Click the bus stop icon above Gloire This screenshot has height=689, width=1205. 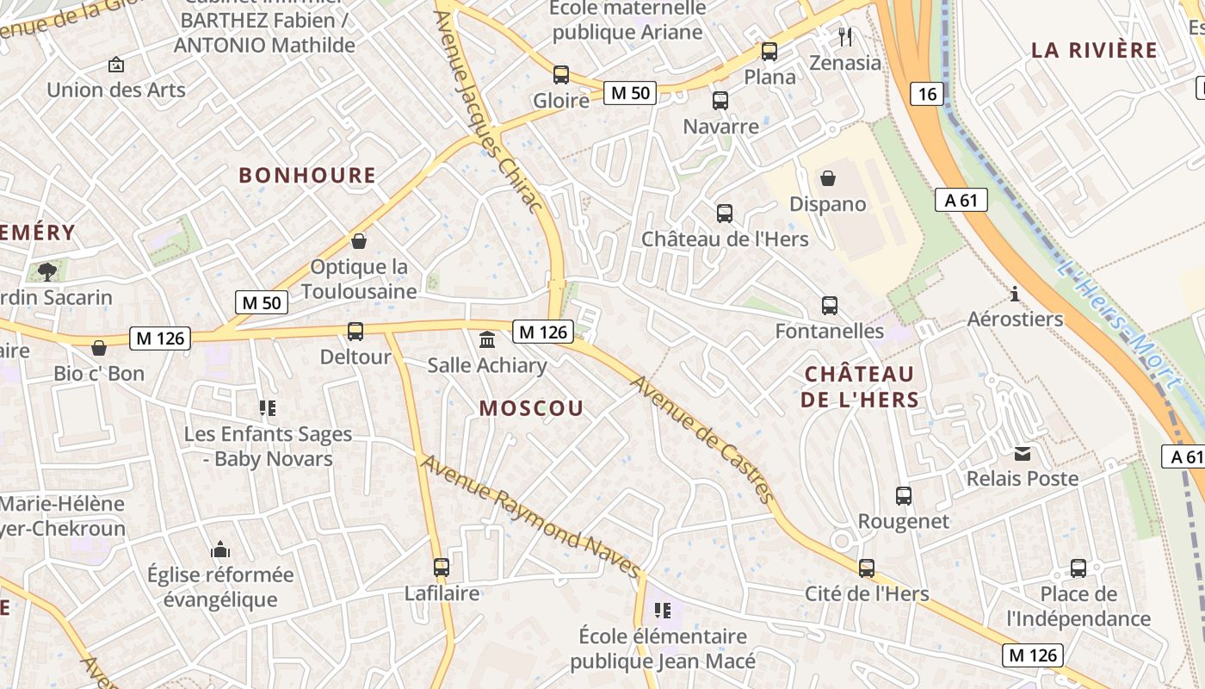pyautogui.click(x=561, y=75)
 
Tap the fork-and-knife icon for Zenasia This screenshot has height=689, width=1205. pyautogui.click(x=845, y=36)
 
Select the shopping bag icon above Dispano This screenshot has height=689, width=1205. pyautogui.click(x=827, y=178)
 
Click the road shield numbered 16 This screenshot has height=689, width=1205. pyautogui.click(x=926, y=93)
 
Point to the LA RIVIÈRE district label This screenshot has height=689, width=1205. pyautogui.click(x=1094, y=50)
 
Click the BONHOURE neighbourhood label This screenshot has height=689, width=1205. pyautogui.click(x=307, y=176)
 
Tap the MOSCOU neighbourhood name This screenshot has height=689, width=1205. pyautogui.click(x=531, y=408)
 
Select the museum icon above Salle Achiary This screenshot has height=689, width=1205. pyautogui.click(x=486, y=339)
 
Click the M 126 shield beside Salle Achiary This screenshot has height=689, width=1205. pyautogui.click(x=543, y=332)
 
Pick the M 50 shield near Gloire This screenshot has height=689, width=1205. pyautogui.click(x=630, y=93)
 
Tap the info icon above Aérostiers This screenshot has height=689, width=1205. pyautogui.click(x=1015, y=295)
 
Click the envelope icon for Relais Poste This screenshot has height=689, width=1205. pyautogui.click(x=1022, y=454)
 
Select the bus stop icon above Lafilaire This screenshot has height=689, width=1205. pyautogui.click(x=442, y=568)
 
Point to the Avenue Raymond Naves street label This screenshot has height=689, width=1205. pyautogui.click(x=531, y=517)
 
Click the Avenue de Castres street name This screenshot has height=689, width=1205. pyautogui.click(x=703, y=438)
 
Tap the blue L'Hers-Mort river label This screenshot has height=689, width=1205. pyautogui.click(x=1116, y=322)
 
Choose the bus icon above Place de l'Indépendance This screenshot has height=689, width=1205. pyautogui.click(x=1078, y=568)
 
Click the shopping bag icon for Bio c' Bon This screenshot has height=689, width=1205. pyautogui.click(x=99, y=348)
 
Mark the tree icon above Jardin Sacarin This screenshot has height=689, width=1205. pyautogui.click(x=46, y=272)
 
